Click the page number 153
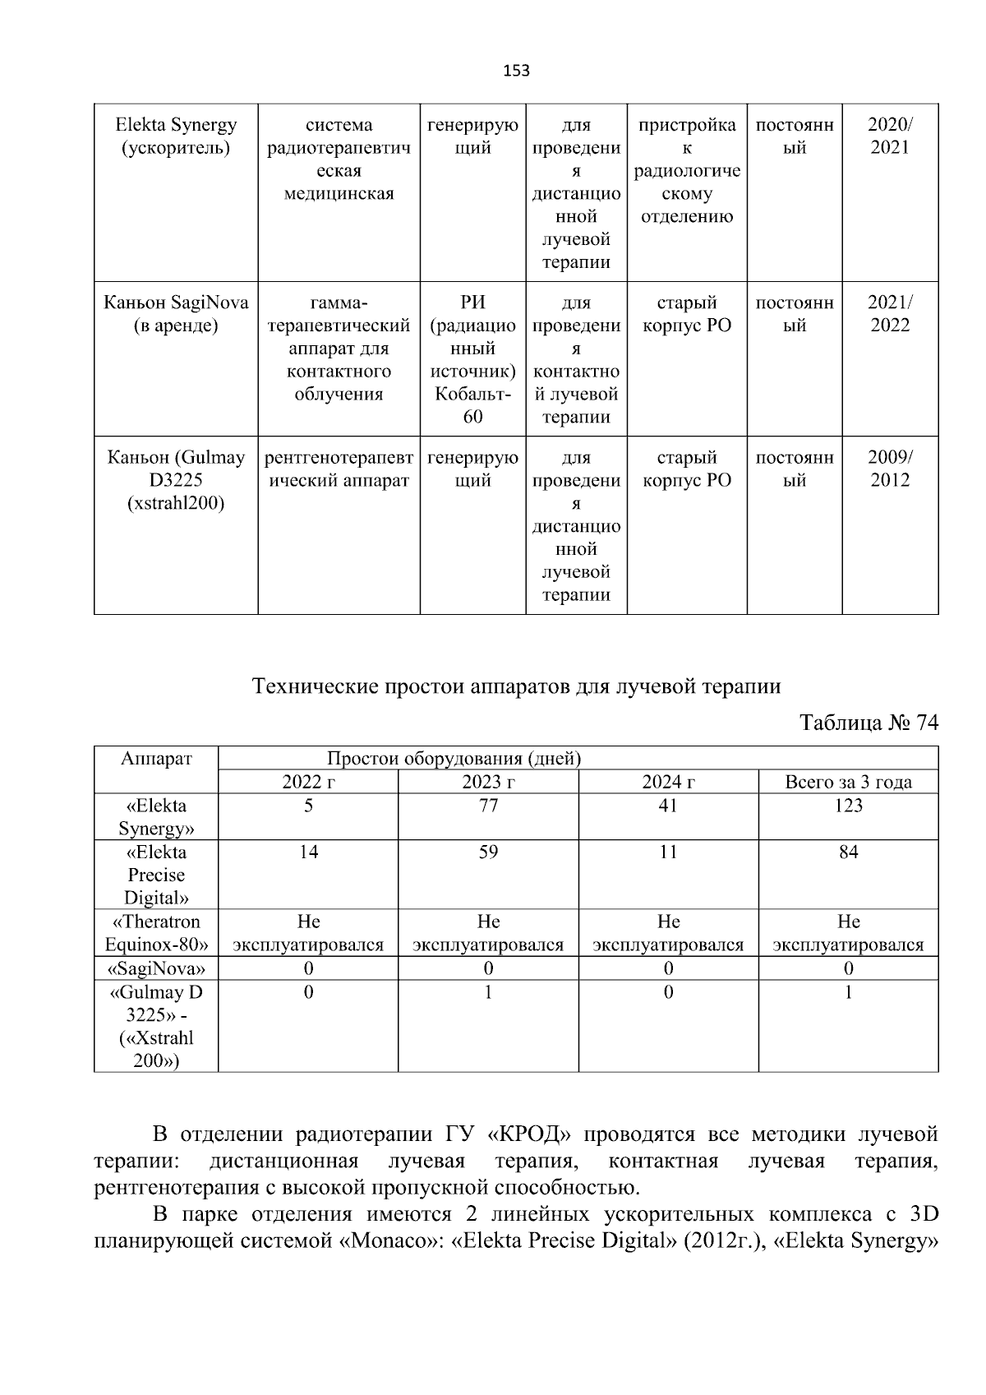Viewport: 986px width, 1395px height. pos(516,71)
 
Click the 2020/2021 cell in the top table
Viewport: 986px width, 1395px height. pos(890,136)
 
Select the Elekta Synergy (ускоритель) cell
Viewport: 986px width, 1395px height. pos(176,136)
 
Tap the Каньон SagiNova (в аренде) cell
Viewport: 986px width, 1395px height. pos(176,314)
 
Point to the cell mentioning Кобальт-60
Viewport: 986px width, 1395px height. pos(472,359)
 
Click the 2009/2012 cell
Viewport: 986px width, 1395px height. pos(890,469)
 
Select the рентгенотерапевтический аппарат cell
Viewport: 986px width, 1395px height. pos(339,469)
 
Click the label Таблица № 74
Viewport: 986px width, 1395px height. pos(869,723)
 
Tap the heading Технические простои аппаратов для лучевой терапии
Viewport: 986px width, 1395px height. pos(516,686)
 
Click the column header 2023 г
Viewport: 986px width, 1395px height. pos(488,782)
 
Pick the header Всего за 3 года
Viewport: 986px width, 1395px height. pos(848,782)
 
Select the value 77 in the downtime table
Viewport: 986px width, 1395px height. pos(488,806)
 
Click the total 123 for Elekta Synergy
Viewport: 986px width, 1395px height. pos(848,806)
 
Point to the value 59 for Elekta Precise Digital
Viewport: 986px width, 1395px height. pos(488,852)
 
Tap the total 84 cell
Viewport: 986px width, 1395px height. pos(848,852)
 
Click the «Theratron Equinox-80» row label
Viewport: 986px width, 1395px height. pos(156,933)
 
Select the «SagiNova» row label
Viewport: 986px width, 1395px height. pos(156,968)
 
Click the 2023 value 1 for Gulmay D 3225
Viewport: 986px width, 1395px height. pos(488,992)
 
